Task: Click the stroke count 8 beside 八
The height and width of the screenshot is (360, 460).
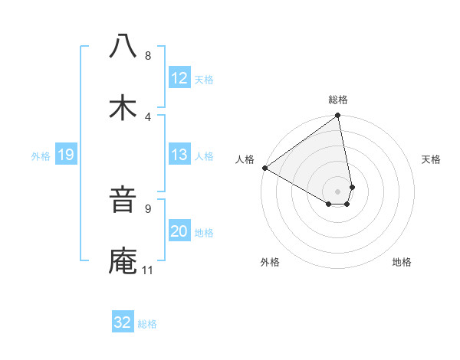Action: point(148,56)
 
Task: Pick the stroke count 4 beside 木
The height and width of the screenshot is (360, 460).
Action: point(148,116)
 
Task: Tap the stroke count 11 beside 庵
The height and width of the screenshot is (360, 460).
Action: point(148,270)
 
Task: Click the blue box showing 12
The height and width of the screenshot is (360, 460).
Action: point(179,78)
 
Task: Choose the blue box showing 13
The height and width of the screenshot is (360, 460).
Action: point(179,155)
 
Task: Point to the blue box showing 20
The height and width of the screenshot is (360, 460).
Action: point(179,231)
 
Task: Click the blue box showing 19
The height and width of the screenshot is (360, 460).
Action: point(66,155)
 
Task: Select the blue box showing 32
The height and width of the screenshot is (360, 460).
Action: point(123,322)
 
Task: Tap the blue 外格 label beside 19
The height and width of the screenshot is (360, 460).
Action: point(41,156)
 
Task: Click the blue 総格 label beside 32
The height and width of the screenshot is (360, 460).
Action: point(147,323)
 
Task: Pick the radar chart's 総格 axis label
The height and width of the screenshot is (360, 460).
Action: point(338,100)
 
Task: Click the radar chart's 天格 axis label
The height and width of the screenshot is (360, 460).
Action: point(432,159)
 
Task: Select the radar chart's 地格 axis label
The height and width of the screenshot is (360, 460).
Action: point(402,263)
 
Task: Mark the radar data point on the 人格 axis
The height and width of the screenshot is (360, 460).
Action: point(264,168)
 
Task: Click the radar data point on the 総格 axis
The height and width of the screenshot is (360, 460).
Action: point(337,116)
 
